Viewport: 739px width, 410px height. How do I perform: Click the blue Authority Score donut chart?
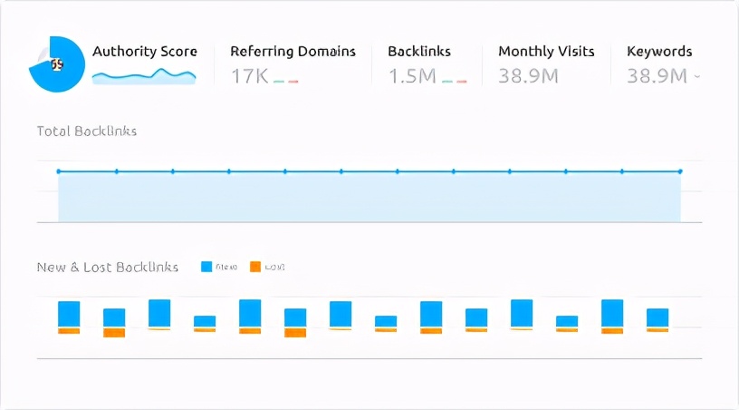pyautogui.click(x=57, y=63)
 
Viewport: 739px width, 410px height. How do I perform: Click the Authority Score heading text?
pyautogui.click(x=145, y=52)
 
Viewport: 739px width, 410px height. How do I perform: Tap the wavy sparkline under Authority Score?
pyautogui.click(x=144, y=77)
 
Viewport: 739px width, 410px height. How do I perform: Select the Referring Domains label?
pyautogui.click(x=293, y=52)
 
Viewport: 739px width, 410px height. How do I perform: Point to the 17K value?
pyautogui.click(x=249, y=76)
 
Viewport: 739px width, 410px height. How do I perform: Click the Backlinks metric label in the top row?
pyautogui.click(x=419, y=52)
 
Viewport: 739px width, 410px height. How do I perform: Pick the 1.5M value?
pyautogui.click(x=412, y=76)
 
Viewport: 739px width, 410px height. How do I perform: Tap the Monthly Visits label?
pyautogui.click(x=546, y=52)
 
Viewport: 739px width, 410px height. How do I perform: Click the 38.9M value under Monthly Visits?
pyautogui.click(x=528, y=76)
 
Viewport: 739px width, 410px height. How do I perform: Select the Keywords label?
pyautogui.click(x=659, y=52)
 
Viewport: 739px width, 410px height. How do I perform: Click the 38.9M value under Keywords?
pyautogui.click(x=657, y=76)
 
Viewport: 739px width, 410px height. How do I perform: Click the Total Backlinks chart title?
pyautogui.click(x=87, y=132)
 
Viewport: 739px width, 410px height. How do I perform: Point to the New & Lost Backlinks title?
pyautogui.click(x=107, y=268)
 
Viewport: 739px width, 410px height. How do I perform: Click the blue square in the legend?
pyautogui.click(x=206, y=267)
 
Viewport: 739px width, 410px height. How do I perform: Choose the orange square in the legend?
pyautogui.click(x=255, y=267)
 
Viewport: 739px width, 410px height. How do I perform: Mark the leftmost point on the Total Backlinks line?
pyautogui.click(x=59, y=171)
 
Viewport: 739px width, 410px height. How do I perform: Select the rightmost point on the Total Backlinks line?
pyautogui.click(x=680, y=171)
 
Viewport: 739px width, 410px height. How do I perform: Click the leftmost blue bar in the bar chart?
pyautogui.click(x=69, y=314)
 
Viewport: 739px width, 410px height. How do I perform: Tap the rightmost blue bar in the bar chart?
pyautogui.click(x=657, y=317)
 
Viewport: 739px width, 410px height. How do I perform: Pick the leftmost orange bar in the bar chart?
pyautogui.click(x=69, y=331)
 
